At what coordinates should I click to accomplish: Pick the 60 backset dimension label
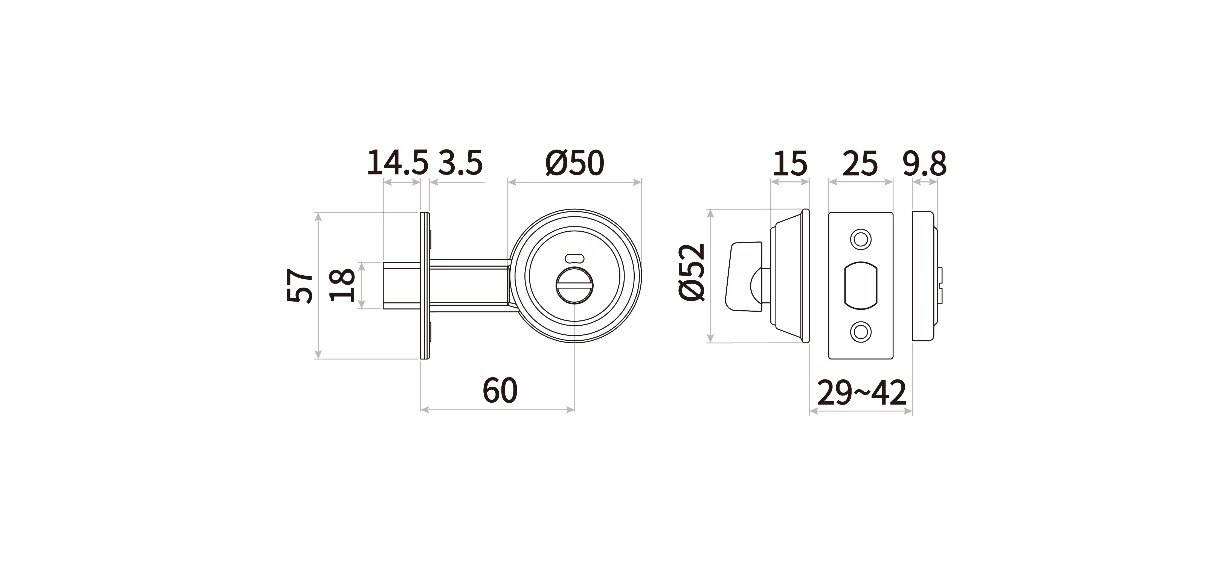(500, 390)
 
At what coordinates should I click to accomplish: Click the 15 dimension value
(790, 164)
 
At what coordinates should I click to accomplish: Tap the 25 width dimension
(860, 164)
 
